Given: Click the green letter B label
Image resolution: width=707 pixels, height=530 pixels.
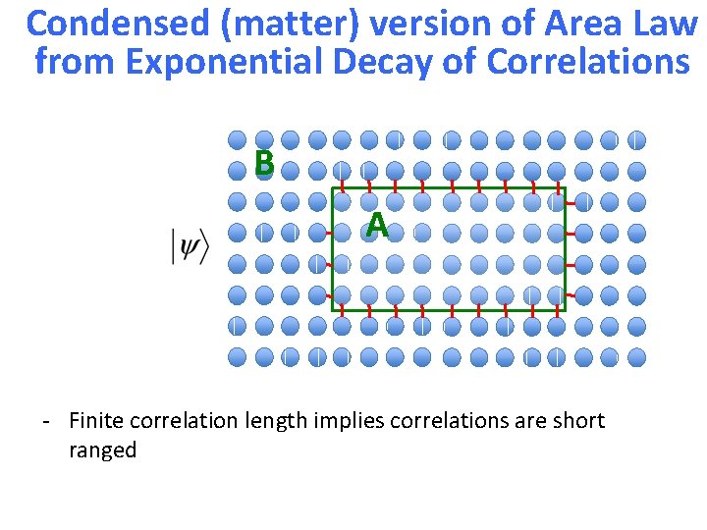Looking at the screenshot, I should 263,163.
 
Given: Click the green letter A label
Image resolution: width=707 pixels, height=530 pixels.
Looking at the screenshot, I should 376,227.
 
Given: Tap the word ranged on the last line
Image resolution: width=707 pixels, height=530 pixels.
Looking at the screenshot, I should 102,451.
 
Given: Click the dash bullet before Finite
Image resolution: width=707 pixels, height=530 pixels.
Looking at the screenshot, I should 46,422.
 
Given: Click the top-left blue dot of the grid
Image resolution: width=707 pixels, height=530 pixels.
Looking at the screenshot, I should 238,140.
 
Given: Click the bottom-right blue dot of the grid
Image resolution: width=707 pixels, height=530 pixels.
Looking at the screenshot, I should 636,357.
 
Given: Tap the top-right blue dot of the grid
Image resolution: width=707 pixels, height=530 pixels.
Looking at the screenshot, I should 636,140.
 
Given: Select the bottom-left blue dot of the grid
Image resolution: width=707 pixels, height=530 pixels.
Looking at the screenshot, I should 238,357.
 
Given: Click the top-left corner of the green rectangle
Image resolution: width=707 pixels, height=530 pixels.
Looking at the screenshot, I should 332,187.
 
